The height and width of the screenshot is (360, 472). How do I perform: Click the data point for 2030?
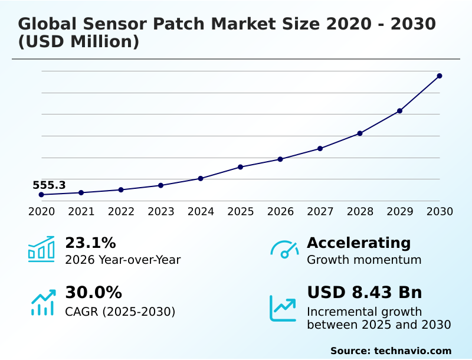pyautogui.click(x=440, y=76)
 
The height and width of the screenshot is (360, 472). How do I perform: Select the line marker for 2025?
pyautogui.click(x=241, y=167)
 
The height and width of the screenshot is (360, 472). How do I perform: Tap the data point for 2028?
pyautogui.click(x=360, y=133)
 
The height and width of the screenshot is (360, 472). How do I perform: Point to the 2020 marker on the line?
pyautogui.click(x=41, y=195)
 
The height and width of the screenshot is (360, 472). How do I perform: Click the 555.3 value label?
pyautogui.click(x=49, y=185)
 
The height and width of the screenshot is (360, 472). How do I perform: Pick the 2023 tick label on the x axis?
pyautogui.click(x=161, y=211)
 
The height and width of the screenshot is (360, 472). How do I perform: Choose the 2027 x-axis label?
pyautogui.click(x=320, y=211)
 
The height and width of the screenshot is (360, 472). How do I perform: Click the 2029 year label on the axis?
pyautogui.click(x=400, y=211)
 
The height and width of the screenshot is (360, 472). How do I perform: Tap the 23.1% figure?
pyautogui.click(x=90, y=243)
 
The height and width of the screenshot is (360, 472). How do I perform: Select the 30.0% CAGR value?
pyautogui.click(x=93, y=293)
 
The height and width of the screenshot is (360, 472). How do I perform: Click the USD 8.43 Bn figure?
pyautogui.click(x=364, y=293)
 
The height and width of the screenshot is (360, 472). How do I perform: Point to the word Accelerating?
pyautogui.click(x=359, y=243)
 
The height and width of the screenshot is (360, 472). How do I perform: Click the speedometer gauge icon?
pyautogui.click(x=284, y=250)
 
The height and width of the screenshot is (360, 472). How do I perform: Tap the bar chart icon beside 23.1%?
pyautogui.click(x=41, y=250)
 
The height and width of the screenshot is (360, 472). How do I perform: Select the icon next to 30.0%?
pyautogui.click(x=42, y=302)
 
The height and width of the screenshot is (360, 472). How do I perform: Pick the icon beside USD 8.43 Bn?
pyautogui.click(x=283, y=307)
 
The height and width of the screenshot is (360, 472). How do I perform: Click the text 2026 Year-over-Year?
pyautogui.click(x=123, y=260)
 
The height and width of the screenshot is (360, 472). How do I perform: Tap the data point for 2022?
pyautogui.click(x=121, y=189)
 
